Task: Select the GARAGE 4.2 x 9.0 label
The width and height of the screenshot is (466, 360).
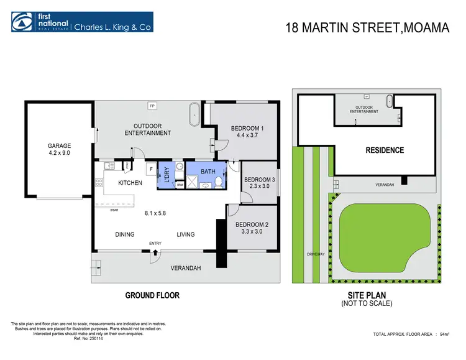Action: [x=59, y=150]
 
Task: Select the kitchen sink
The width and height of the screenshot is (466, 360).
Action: [x=108, y=165]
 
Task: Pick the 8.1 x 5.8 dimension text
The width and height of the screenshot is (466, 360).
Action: [x=156, y=213]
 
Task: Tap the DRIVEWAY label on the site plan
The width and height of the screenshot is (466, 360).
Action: [x=317, y=254]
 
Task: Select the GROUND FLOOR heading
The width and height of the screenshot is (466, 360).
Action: [x=152, y=295]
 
